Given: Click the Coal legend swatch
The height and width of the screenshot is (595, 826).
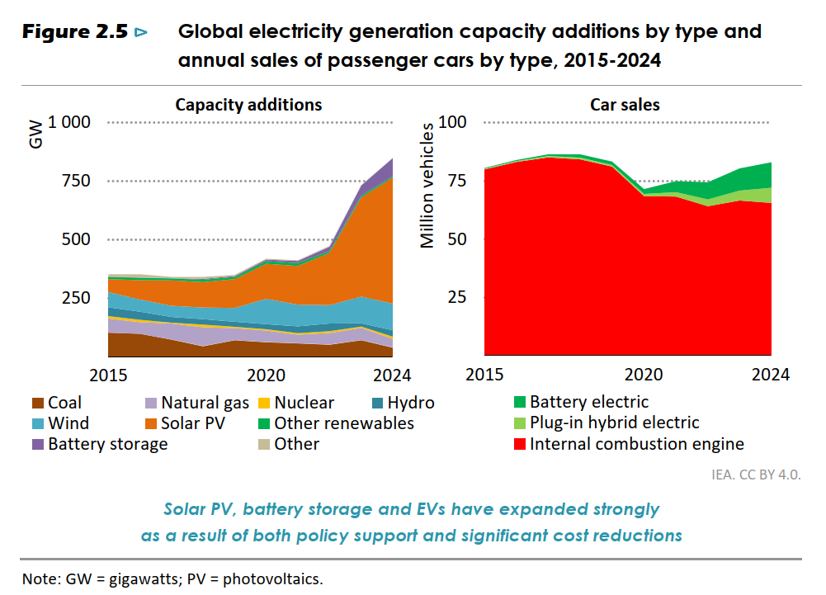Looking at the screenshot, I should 38,404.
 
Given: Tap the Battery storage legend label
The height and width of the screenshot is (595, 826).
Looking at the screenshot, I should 108,444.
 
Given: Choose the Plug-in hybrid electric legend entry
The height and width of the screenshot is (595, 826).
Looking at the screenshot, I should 614,423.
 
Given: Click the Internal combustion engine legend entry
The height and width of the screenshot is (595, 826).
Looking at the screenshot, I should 636,444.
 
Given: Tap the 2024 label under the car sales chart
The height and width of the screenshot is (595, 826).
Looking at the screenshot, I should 770,375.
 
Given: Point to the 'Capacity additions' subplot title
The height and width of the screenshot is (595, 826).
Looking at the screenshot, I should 248,105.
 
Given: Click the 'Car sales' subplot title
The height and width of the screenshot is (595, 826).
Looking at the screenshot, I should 625,105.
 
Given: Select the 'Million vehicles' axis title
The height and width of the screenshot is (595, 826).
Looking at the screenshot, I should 427,186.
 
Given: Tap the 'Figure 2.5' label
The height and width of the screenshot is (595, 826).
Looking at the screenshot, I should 75,33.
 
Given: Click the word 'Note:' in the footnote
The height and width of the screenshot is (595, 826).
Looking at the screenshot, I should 41,578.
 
